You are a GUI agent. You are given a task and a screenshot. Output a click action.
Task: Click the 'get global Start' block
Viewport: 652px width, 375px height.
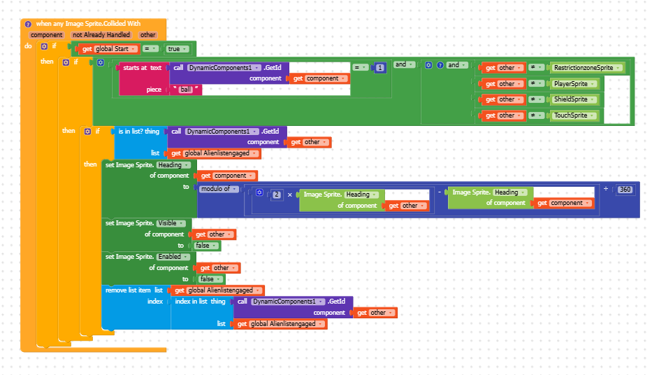(x=108, y=49)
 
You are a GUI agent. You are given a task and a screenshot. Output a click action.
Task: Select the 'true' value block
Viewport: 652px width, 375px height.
(x=177, y=49)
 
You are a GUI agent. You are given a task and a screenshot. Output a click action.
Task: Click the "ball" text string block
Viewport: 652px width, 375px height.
(x=186, y=90)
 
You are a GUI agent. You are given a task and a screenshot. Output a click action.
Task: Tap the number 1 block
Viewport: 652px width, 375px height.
(x=380, y=67)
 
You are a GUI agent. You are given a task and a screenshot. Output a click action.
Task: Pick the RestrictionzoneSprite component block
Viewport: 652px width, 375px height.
(x=586, y=68)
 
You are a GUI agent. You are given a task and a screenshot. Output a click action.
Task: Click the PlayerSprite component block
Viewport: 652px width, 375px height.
(x=574, y=84)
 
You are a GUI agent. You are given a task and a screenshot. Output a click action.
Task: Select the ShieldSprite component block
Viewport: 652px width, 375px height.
(x=574, y=99)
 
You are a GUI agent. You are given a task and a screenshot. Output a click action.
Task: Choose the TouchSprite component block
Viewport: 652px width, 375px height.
(x=574, y=115)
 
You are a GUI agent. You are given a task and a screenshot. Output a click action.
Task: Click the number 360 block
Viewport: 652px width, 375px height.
(x=625, y=190)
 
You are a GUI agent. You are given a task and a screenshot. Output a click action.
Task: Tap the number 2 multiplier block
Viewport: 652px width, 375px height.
(x=277, y=194)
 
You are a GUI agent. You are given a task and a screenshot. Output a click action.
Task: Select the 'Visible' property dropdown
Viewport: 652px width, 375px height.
(x=171, y=223)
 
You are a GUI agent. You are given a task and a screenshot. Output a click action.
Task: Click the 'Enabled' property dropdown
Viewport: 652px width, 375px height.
(x=173, y=257)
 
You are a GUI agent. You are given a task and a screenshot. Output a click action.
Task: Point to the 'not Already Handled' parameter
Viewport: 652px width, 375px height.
(x=101, y=35)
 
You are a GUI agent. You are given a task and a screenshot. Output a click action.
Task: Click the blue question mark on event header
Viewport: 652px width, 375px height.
(x=28, y=24)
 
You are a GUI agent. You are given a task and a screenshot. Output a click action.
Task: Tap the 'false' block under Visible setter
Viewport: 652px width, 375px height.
(x=206, y=246)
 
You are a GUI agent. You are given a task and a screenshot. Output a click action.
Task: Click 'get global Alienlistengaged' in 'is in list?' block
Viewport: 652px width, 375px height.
(x=213, y=154)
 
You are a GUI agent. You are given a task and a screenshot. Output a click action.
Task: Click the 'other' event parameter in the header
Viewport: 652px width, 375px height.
(x=147, y=35)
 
